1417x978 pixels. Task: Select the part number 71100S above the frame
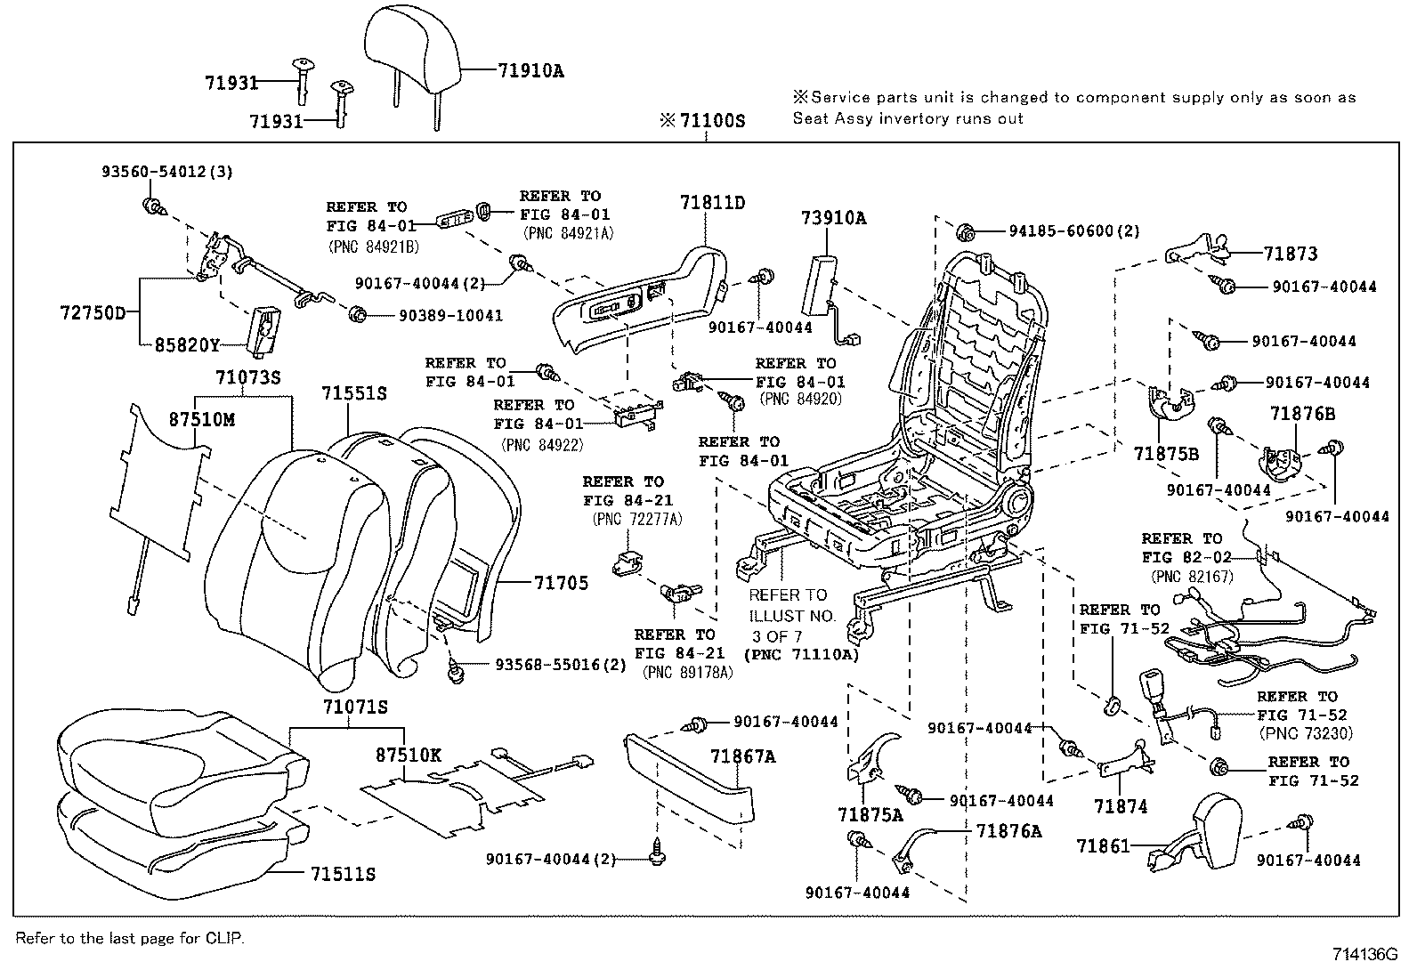[711, 120]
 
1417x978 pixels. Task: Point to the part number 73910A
[833, 218]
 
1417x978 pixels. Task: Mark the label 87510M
[202, 419]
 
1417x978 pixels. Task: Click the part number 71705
[561, 583]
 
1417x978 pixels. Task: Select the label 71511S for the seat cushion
[343, 875]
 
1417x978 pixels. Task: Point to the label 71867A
[742, 756]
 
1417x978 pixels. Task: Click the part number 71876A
[1008, 830]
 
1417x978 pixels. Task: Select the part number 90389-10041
[439, 315]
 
